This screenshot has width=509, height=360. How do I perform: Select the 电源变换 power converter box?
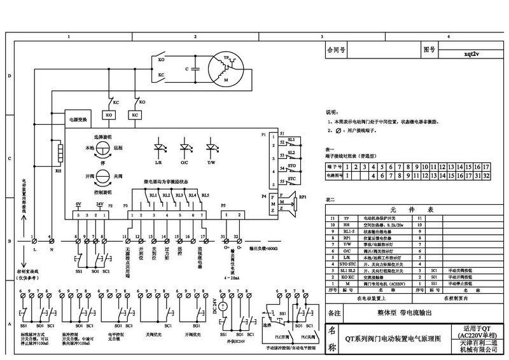tap(78, 119)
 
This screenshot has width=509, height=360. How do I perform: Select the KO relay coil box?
tap(108, 114)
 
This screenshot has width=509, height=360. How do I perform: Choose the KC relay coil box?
tap(135, 114)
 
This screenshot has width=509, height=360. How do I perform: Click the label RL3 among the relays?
tap(178, 195)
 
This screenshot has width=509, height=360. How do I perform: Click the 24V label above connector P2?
tap(100, 204)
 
